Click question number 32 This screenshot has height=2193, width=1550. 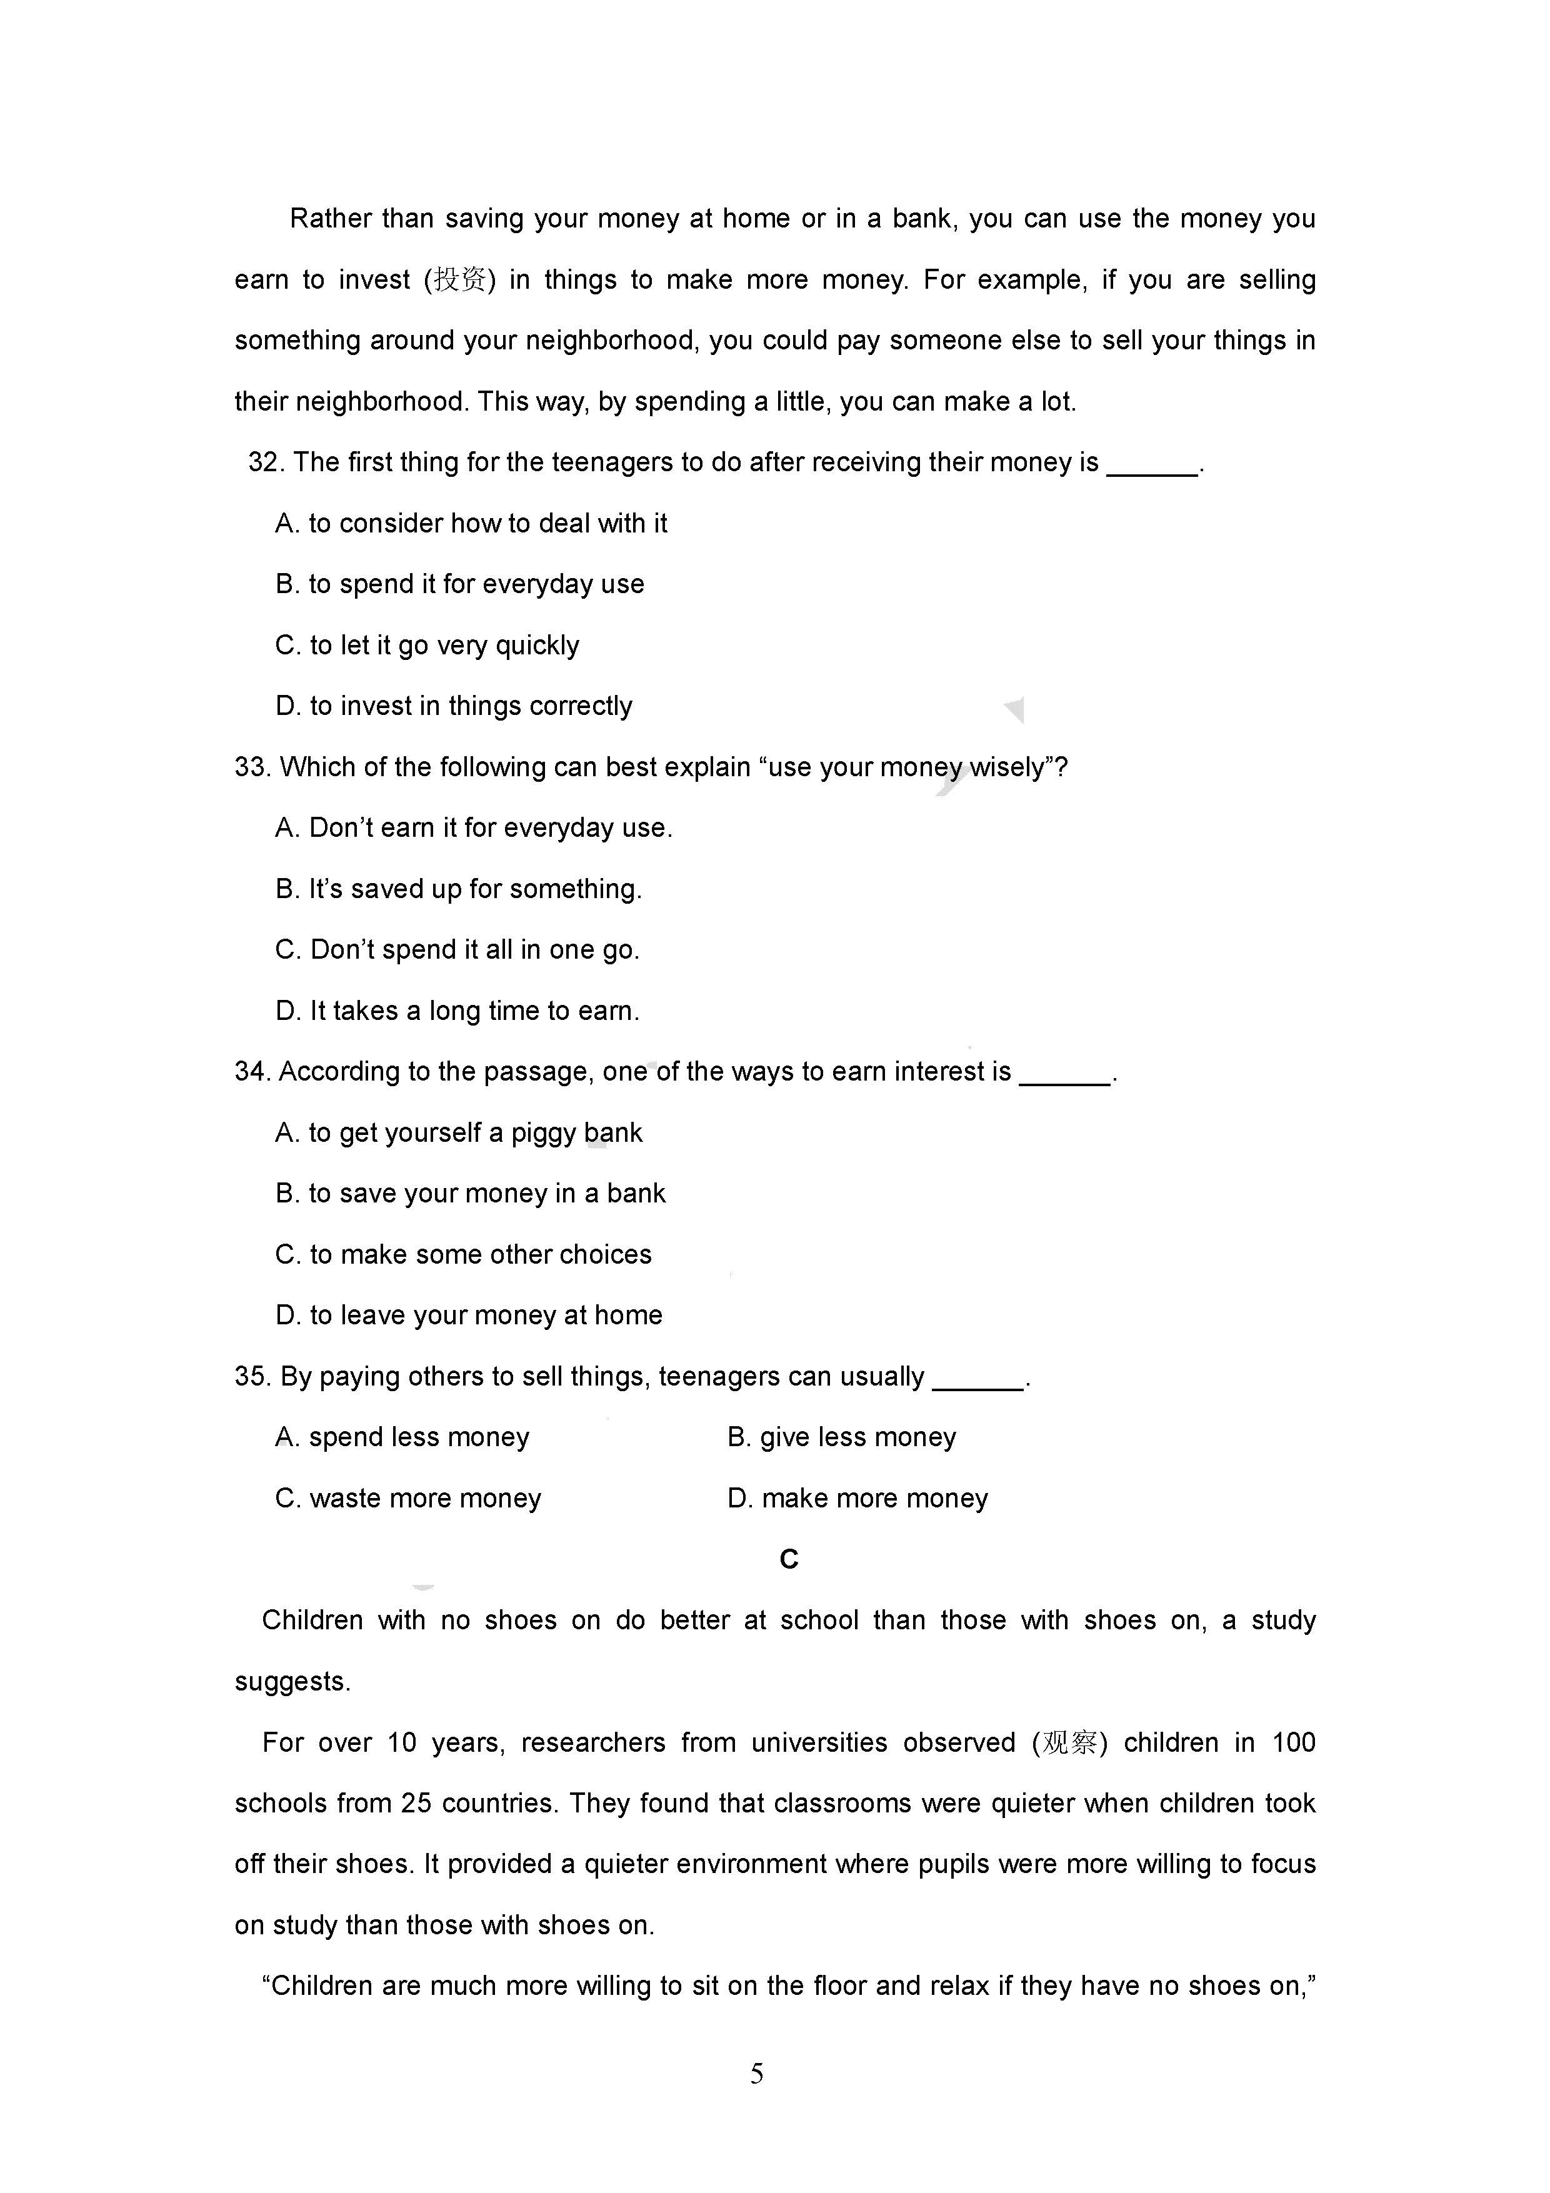[266, 462]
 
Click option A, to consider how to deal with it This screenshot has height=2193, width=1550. [471, 524]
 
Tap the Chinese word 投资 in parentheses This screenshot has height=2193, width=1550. [459, 280]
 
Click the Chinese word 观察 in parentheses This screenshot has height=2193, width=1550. [1069, 1742]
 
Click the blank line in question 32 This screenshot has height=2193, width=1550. [1152, 470]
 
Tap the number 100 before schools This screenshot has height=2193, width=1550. [1293, 1742]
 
